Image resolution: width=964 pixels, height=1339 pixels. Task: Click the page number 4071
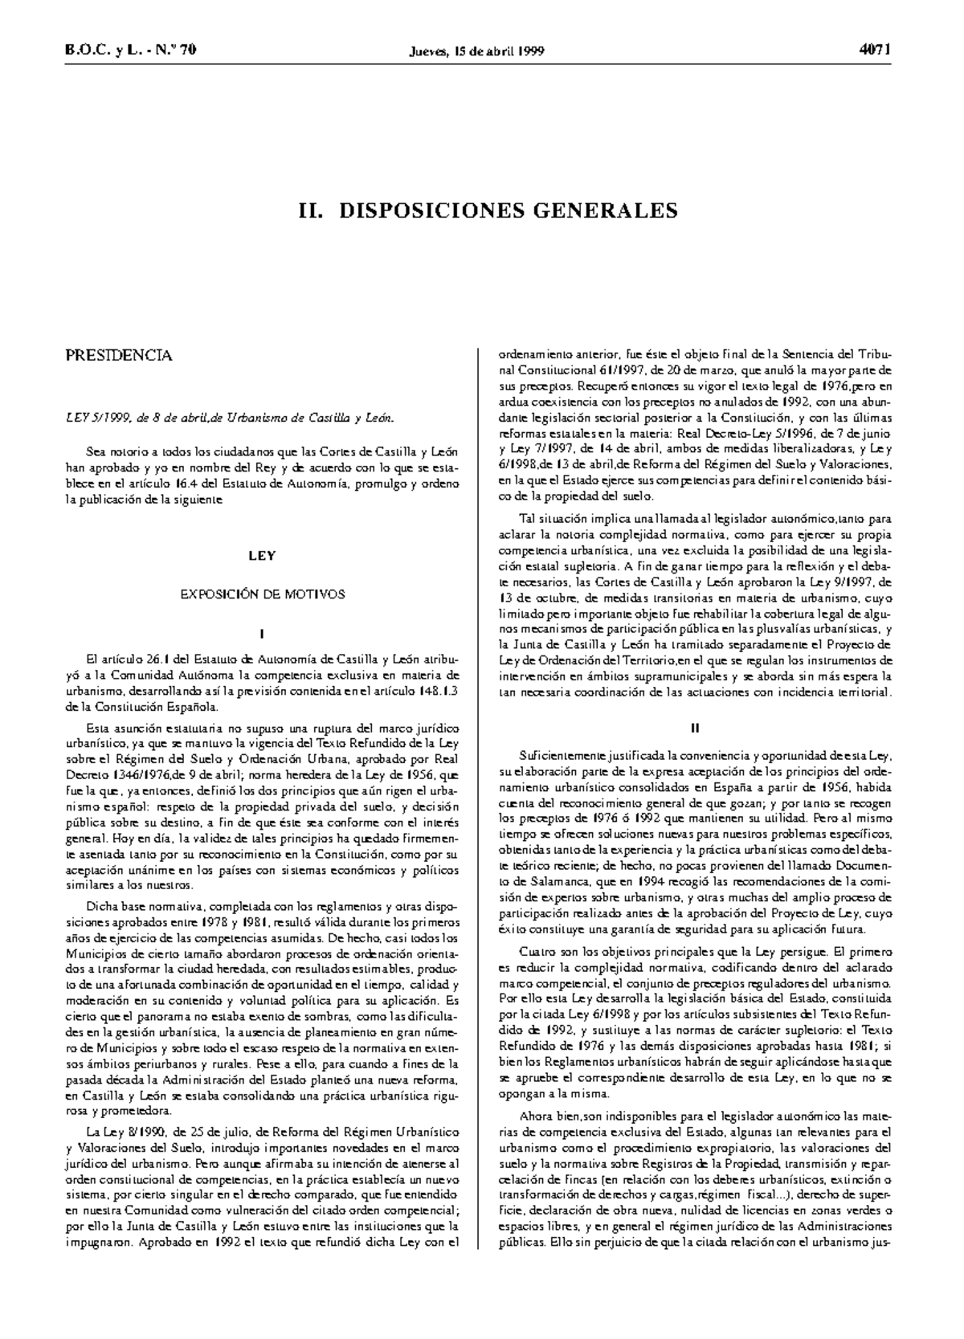[876, 51]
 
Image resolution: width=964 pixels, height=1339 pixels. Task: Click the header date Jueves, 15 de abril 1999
[477, 51]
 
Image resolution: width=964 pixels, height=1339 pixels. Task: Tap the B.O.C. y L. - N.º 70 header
[130, 51]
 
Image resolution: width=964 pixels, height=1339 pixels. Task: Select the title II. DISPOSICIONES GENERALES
[488, 211]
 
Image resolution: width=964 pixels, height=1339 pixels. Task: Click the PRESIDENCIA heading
[118, 356]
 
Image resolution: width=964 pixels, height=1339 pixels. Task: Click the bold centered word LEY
[262, 555]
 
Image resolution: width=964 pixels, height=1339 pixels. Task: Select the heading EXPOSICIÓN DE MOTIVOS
[262, 594]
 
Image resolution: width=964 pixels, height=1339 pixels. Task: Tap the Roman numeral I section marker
[262, 634]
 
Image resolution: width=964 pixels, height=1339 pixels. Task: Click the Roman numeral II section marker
[696, 728]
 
